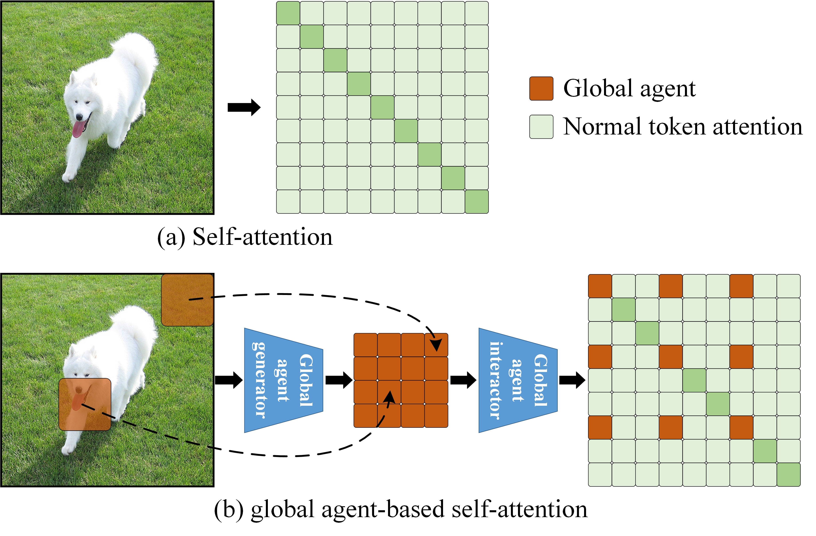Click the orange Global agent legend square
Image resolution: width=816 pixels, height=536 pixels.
click(541, 89)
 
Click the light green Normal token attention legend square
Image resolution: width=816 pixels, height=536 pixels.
click(541, 127)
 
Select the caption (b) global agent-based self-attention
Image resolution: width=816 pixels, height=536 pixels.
click(400, 509)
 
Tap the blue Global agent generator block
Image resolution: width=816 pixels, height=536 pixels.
click(283, 380)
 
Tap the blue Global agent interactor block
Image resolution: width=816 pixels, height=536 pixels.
click(518, 380)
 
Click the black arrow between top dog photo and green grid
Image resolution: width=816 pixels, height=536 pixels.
click(244, 107)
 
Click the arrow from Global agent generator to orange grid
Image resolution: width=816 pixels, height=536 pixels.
click(338, 380)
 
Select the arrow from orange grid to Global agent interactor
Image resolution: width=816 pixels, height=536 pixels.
click(463, 380)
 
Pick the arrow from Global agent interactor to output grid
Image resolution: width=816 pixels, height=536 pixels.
click(572, 380)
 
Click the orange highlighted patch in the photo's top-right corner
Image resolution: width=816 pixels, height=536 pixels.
click(187, 300)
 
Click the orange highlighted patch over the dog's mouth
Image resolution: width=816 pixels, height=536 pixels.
click(85, 404)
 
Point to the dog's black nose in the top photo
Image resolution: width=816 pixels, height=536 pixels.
click(79, 117)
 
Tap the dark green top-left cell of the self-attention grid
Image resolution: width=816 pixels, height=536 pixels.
click(288, 13)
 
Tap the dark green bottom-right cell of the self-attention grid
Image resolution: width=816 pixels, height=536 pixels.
click(477, 202)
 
